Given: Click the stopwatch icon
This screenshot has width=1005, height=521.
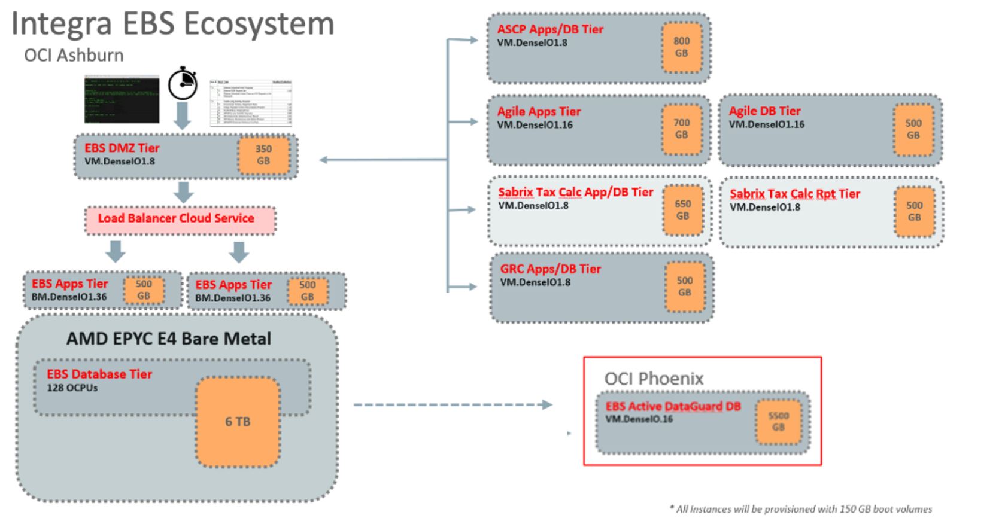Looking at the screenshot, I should click(183, 85).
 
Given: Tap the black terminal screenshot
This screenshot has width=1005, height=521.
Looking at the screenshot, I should click(122, 99).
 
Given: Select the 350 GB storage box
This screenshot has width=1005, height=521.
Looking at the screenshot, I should click(263, 155).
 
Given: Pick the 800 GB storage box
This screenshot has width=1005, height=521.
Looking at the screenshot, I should click(681, 47).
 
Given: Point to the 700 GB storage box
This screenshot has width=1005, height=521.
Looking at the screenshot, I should click(681, 129).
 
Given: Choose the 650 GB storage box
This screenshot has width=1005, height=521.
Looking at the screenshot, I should click(682, 210).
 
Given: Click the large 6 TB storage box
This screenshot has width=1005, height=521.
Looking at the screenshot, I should click(238, 422).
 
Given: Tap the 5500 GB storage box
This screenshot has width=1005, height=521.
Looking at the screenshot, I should click(778, 422).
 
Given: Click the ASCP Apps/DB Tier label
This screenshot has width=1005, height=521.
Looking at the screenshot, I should click(550, 29).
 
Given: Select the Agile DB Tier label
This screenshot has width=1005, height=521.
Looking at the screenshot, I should click(764, 111).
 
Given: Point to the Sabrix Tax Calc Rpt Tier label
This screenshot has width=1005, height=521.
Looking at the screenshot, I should click(794, 194).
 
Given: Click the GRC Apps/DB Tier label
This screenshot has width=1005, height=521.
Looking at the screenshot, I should click(550, 269).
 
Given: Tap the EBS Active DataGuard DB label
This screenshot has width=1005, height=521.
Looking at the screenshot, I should click(673, 407).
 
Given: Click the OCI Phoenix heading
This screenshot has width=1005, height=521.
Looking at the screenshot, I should click(654, 379).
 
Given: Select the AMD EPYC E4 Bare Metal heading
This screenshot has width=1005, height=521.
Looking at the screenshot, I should click(169, 339).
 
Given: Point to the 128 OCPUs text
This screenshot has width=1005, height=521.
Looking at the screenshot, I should click(72, 388).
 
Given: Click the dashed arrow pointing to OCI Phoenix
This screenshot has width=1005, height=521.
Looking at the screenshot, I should click(452, 405).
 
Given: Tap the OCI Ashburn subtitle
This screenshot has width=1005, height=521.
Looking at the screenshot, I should click(74, 56).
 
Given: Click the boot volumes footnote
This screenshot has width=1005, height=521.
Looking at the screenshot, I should click(800, 509).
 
